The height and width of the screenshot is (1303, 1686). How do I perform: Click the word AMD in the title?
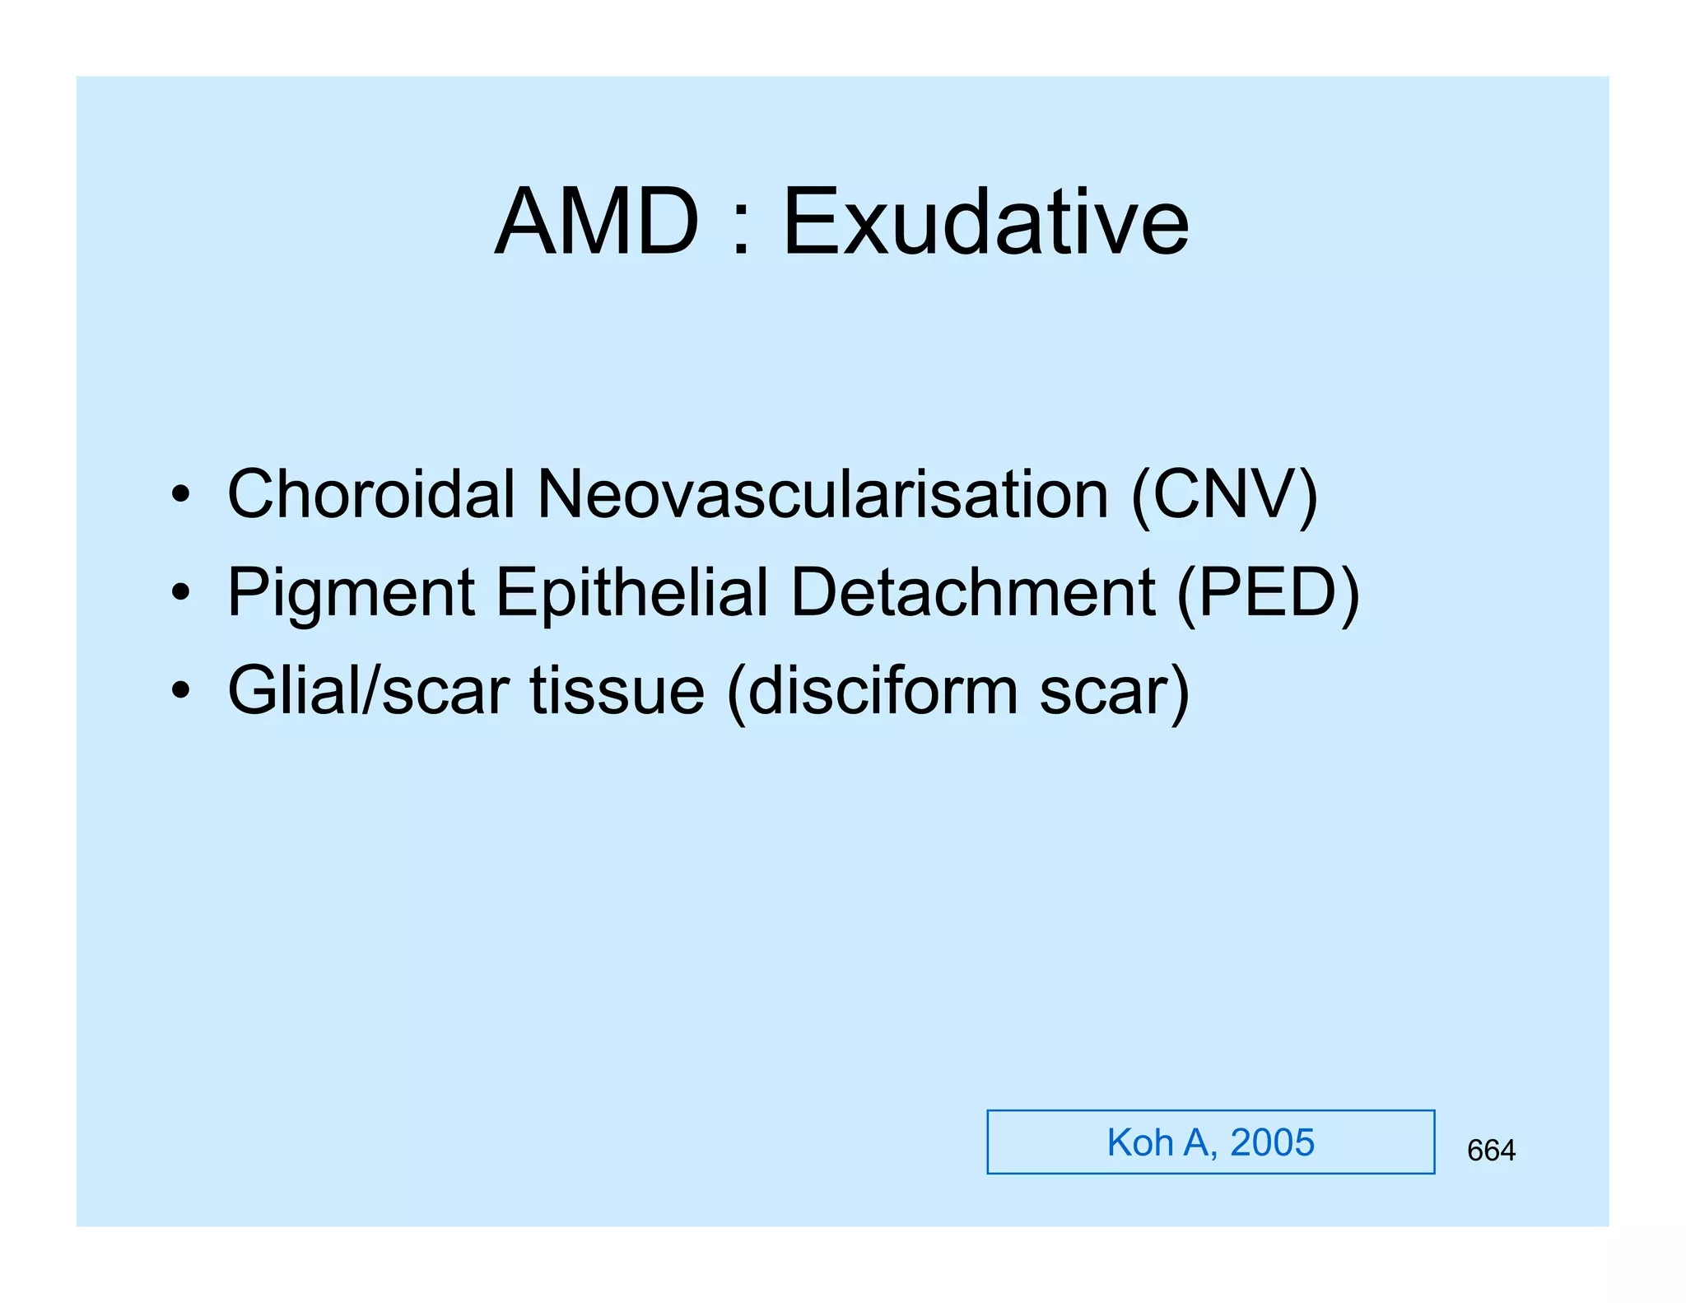[x=597, y=222]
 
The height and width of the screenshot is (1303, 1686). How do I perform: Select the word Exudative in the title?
[x=985, y=222]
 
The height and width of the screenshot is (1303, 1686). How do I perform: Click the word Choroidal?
[x=371, y=494]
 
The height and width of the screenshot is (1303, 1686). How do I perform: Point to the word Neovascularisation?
[x=822, y=494]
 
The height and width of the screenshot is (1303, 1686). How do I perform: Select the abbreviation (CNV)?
[x=1225, y=496]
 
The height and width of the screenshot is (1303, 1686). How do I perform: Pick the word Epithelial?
[x=632, y=593]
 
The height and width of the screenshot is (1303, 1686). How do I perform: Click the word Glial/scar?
[x=368, y=691]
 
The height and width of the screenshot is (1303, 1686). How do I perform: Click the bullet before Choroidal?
[x=181, y=496]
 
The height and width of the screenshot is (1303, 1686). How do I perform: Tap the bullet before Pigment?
[x=181, y=593]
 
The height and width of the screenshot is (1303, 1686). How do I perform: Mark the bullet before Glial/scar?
[x=181, y=691]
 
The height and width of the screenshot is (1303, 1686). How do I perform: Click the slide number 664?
[x=1491, y=1150]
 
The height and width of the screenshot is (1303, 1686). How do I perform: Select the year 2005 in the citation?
[x=1272, y=1142]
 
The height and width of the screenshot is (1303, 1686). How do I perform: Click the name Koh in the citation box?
[x=1140, y=1142]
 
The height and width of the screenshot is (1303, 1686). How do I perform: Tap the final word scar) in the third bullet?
[x=1115, y=693]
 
